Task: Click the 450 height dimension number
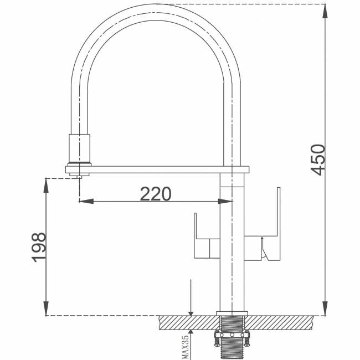[318, 160]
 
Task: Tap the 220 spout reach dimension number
[156, 194]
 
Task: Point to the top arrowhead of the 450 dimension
[325, 11]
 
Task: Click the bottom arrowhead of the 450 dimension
[325, 308]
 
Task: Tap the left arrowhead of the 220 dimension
[86, 202]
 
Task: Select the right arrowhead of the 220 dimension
[225, 202]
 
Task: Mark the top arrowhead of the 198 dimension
[47, 186]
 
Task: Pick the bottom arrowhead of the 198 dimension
[47, 308]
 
